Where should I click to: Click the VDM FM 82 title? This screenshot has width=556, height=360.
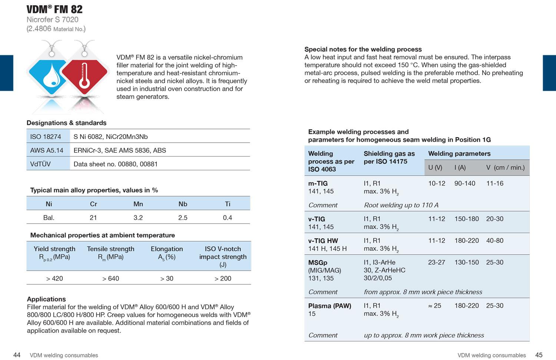[x=54, y=9]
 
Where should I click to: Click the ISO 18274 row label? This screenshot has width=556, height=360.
[x=46, y=137]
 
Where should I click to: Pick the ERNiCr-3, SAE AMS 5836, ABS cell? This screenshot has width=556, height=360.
[x=120, y=151]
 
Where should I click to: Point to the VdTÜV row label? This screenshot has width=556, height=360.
[x=40, y=164]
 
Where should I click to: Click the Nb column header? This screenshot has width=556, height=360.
[x=183, y=204]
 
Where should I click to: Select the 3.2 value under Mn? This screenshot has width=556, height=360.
[x=138, y=218]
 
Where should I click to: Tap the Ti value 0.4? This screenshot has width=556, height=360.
[x=227, y=218]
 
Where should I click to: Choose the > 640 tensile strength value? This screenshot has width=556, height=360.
[x=110, y=278]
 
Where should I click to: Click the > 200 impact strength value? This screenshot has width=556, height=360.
[x=223, y=278]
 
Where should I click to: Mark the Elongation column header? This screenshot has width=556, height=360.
[x=167, y=249]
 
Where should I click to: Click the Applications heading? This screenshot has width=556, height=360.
[x=46, y=299]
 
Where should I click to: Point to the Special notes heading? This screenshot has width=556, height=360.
[x=363, y=49]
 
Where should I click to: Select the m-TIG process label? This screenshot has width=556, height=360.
[x=318, y=184]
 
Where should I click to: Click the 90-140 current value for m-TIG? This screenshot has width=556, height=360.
[x=465, y=184]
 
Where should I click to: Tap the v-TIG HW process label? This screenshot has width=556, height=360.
[x=323, y=241]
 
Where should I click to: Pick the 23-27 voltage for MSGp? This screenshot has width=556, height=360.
[x=437, y=262]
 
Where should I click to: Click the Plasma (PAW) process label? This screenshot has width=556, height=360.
[x=330, y=306]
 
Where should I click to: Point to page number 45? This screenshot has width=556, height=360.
[x=539, y=355]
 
